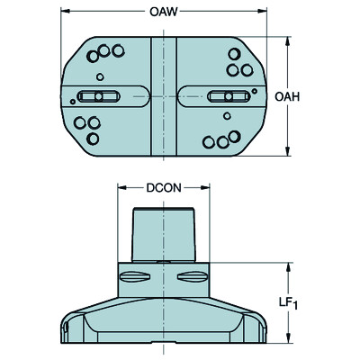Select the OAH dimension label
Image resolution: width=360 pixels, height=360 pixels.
pyautogui.click(x=289, y=97)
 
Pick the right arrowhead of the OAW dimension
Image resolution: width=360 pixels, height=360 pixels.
pyautogui.click(x=264, y=12)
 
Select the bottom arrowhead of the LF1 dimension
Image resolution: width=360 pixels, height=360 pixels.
pyautogui.click(x=287, y=343)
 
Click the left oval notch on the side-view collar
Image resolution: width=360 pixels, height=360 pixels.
pyautogui.click(x=135, y=276)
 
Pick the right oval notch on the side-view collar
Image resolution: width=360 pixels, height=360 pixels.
pyautogui.click(x=193, y=276)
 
